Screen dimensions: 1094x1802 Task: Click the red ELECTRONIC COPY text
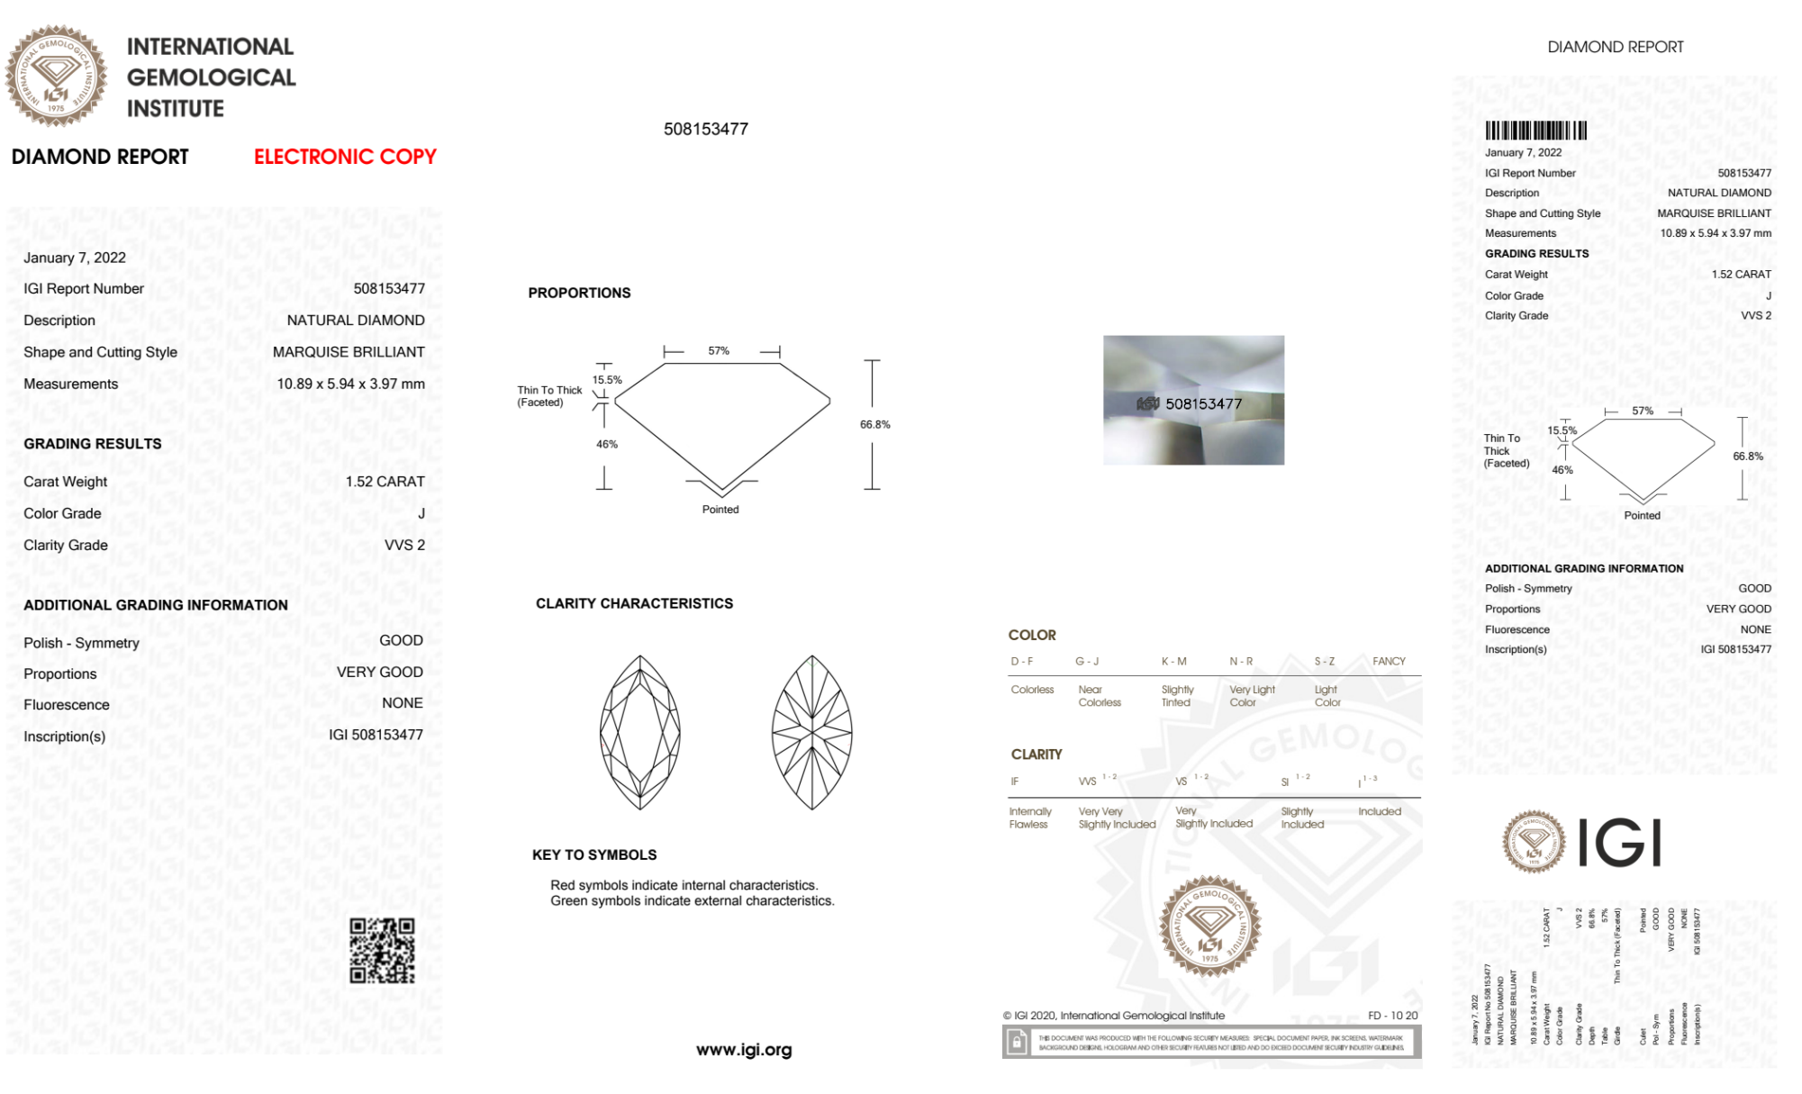345,157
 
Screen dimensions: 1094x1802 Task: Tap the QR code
382,951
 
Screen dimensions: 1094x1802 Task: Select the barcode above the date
1535,131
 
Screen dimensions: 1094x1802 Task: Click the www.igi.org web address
744,1050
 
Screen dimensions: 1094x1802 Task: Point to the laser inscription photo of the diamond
1193,401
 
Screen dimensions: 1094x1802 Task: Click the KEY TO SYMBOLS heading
594,854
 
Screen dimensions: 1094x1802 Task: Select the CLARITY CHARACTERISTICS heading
634,603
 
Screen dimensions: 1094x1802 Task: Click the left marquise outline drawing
640,732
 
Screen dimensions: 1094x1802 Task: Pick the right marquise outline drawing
811,732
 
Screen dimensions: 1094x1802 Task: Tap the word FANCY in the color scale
1389,661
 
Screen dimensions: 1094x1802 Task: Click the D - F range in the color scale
1022,661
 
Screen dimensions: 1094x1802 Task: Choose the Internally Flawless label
1029,818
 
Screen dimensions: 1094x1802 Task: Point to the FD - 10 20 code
1392,1016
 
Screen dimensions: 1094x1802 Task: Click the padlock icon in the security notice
1017,1043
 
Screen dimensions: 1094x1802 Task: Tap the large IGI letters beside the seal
1620,843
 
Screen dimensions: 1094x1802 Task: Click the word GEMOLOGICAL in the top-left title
211,77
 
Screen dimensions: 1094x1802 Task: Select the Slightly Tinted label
1177,696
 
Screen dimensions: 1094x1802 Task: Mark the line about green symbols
693,901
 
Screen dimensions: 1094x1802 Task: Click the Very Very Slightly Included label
1117,818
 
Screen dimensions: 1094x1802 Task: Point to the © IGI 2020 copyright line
1114,1016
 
